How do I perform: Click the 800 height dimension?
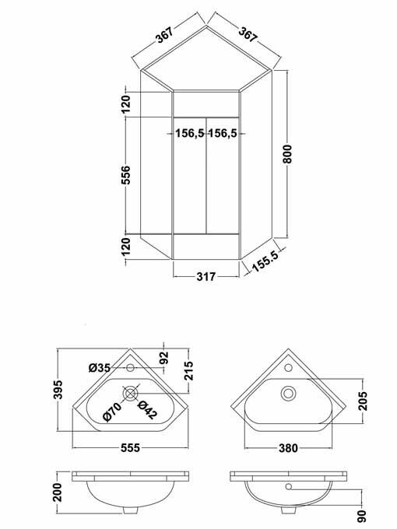pos(289,155)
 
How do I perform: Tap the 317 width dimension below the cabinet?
pos(205,275)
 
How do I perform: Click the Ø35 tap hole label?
pos(100,366)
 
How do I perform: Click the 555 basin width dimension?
pos(130,459)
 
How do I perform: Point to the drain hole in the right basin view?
pos(287,393)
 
